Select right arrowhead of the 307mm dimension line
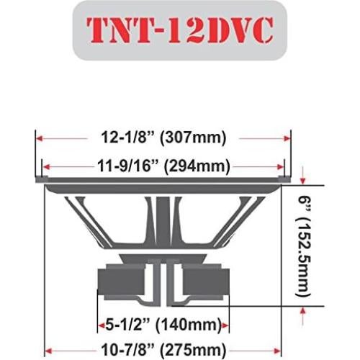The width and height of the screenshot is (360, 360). click(287, 137)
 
